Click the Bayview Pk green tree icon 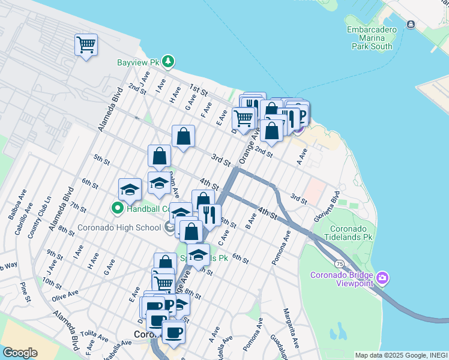pyautogui.click(x=169, y=61)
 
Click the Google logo pyautogui.click(x=20, y=353)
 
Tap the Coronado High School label pyautogui.click(x=119, y=228)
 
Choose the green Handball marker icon pyautogui.click(x=118, y=208)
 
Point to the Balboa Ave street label pyautogui.click(x=22, y=203)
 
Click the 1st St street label pyautogui.click(x=198, y=91)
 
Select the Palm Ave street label pyautogui.click(x=175, y=186)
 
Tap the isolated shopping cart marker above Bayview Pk pyautogui.click(x=86, y=45)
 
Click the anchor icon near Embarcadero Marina pyautogui.click(x=411, y=25)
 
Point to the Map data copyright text pyautogui.click(x=401, y=355)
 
